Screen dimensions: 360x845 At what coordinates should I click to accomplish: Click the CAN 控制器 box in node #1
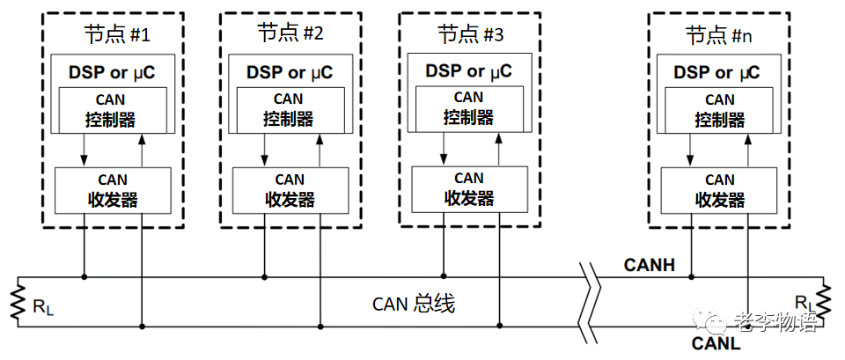[113, 109]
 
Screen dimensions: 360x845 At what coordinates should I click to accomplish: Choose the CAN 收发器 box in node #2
[290, 189]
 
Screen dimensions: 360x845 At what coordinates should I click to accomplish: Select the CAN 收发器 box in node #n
[720, 189]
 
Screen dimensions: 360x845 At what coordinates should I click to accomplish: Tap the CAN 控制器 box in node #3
[469, 107]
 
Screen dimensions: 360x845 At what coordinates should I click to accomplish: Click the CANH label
[649, 264]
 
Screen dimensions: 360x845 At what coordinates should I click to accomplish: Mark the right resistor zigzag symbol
[827, 301]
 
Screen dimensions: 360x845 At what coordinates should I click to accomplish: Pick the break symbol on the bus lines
[589, 299]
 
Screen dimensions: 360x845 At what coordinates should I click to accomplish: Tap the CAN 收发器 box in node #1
[113, 189]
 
